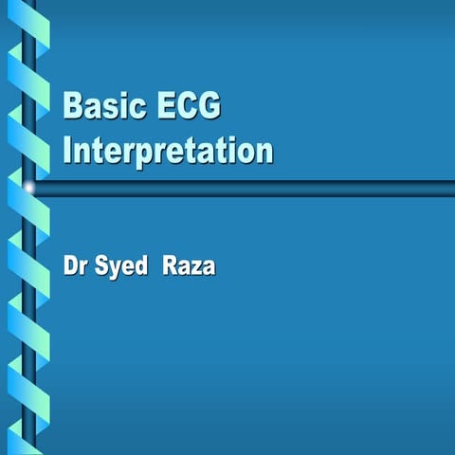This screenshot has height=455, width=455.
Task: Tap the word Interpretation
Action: [168, 151]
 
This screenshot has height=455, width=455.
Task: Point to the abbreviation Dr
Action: [75, 267]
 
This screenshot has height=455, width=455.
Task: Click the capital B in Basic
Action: [72, 106]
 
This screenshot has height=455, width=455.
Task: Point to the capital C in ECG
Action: [186, 106]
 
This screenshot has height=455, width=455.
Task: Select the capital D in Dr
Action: [70, 267]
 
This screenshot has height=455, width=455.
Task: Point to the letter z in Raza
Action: [195, 269]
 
